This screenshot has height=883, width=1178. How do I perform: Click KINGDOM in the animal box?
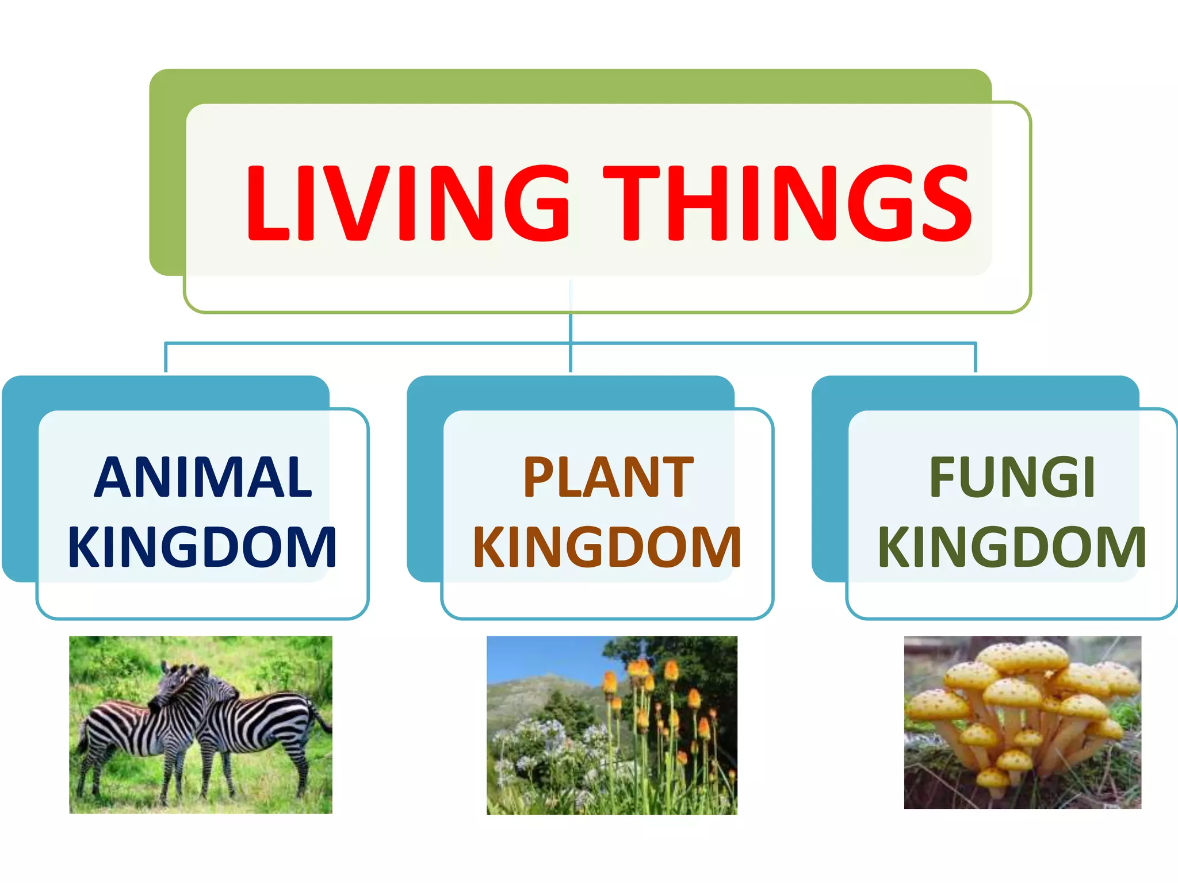[202, 547]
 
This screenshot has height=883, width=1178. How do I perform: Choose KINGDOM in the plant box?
[607, 547]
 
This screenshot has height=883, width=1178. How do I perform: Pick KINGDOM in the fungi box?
[1012, 547]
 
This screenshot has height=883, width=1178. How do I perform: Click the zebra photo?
[201, 724]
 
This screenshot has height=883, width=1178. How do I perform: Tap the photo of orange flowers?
[612, 724]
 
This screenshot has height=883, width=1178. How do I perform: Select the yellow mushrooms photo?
[1022, 722]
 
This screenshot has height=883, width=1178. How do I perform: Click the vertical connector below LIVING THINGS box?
[571, 328]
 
